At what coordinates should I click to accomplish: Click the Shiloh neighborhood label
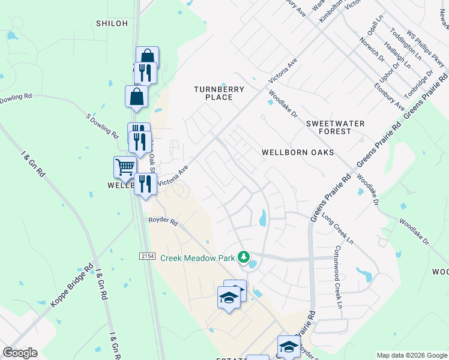click(x=112, y=23)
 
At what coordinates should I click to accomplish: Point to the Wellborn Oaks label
click(x=297, y=152)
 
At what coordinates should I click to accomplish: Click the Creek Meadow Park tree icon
click(x=243, y=257)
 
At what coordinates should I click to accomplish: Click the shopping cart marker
click(x=124, y=166)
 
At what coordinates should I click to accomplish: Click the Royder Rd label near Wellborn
click(x=163, y=221)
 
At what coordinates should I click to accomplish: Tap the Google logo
click(x=20, y=353)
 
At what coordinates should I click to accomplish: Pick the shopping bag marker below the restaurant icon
click(x=137, y=95)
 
